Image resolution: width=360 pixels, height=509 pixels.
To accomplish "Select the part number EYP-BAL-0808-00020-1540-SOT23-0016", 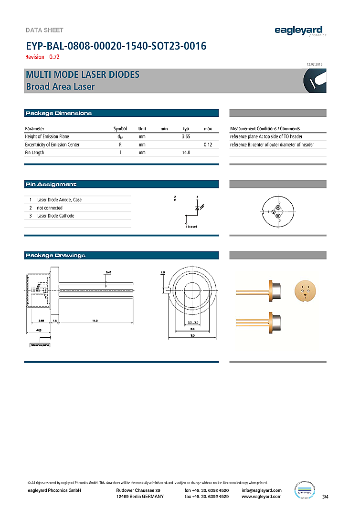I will point(116,46).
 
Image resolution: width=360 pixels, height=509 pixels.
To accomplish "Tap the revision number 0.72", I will point(54,57).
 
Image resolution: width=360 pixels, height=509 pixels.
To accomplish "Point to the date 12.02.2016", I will point(316,64).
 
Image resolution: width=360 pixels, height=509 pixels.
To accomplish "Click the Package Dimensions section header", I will point(58,113).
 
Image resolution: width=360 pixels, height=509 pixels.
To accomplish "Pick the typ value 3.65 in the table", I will point(186,136).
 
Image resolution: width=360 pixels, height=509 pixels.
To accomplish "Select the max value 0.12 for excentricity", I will point(208,145).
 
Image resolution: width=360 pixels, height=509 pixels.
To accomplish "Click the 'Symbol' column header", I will point(120,129).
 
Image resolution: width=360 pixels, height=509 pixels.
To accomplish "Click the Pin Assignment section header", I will point(51,184).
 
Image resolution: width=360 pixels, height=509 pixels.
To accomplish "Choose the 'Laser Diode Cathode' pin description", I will point(56,216).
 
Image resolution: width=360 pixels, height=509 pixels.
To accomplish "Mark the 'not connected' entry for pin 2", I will point(50,208).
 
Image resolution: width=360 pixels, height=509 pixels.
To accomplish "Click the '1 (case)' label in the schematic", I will point(191,226).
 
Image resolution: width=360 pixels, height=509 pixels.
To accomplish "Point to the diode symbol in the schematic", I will point(197,208).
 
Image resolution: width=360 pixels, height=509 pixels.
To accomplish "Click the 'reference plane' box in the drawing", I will point(40,344).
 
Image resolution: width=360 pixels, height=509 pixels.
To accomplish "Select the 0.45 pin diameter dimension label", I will point(108,272).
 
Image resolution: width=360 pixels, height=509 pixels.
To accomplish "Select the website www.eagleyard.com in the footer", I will point(262,497).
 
